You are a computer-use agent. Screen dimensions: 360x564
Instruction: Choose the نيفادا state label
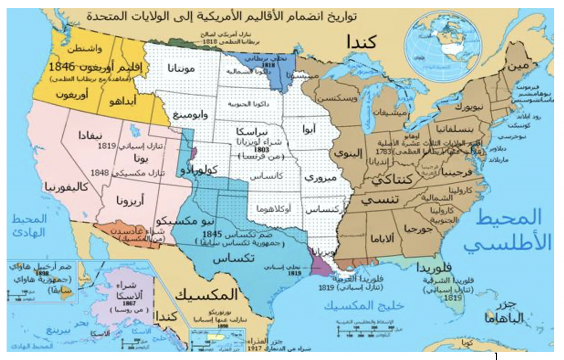(90, 135)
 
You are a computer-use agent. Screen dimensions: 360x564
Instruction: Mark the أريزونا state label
(130, 201)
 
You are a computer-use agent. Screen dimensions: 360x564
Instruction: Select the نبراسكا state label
(254, 133)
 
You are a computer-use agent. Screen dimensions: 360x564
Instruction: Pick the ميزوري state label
(319, 178)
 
